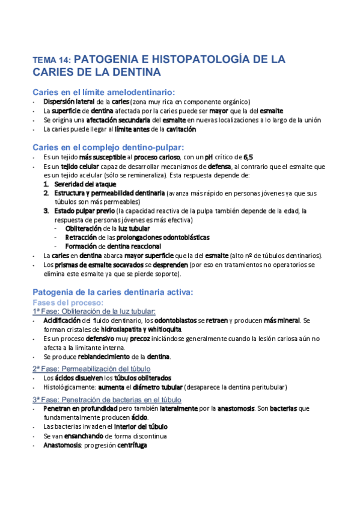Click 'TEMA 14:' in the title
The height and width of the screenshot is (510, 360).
[52, 60]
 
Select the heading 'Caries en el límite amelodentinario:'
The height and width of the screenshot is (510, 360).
[103, 92]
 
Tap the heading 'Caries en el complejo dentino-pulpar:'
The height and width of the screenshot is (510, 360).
[108, 147]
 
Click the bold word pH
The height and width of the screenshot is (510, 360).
[210, 157]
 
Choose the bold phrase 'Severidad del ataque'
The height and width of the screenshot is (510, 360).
[81, 183]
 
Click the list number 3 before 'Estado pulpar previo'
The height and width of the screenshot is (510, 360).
[46, 210]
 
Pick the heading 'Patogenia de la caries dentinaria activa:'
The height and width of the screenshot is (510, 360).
[112, 292]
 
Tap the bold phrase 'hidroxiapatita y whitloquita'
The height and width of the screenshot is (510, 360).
[141, 330]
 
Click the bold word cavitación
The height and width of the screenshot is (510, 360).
[178, 129]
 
